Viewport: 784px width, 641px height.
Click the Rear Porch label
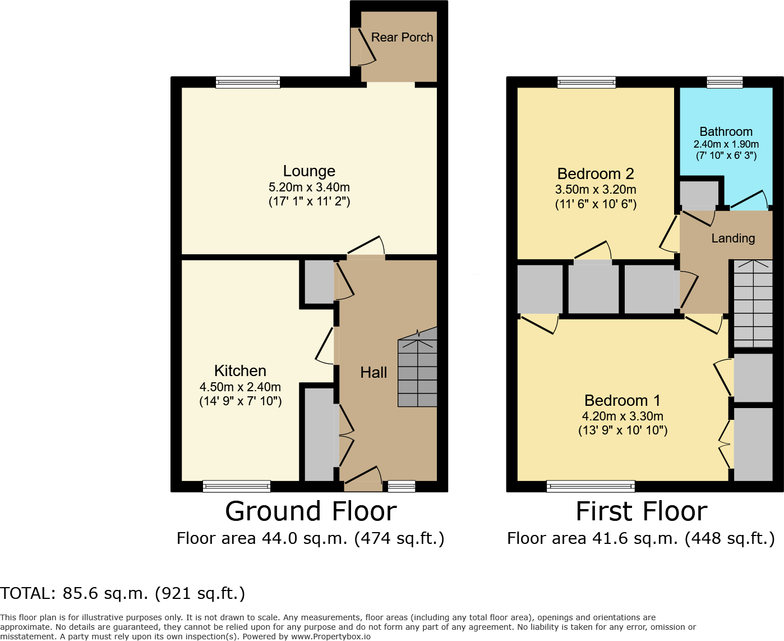click(402, 38)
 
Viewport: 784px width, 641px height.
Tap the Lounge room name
click(309, 171)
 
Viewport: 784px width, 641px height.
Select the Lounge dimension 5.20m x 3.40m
click(309, 187)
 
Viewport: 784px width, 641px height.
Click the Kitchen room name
click(240, 370)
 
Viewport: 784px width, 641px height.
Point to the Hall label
click(373, 373)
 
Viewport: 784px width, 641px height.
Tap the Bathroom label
click(726, 131)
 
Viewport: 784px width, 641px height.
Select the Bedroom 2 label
click(596, 174)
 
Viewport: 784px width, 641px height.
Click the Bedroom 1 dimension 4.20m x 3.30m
click(622, 416)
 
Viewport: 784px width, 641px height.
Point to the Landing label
click(733, 239)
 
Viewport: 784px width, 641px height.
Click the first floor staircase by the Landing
click(753, 303)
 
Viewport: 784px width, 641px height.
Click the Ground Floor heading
click(311, 511)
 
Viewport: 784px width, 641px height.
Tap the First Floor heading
click(642, 511)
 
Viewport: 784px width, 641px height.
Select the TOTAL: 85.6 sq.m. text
click(123, 593)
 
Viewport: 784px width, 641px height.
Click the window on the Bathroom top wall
click(725, 83)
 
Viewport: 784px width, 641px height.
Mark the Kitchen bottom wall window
click(237, 486)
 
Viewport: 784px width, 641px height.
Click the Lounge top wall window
click(248, 83)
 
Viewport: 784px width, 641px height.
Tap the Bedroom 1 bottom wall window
click(591, 486)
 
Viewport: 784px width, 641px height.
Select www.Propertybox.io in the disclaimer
click(330, 637)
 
